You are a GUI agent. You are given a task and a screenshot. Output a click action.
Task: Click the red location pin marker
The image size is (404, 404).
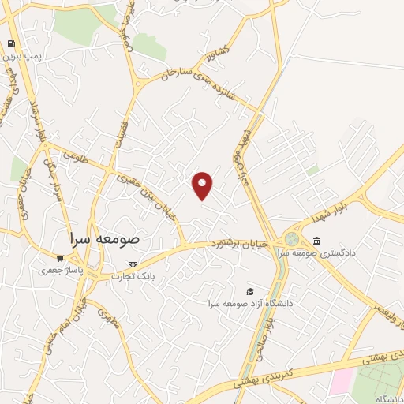pyautogui.click(x=203, y=185)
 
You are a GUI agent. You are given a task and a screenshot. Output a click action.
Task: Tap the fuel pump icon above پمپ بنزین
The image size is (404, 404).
pyautogui.click(x=12, y=43)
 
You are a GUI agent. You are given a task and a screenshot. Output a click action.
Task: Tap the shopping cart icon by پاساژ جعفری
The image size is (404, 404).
pyautogui.click(x=60, y=257)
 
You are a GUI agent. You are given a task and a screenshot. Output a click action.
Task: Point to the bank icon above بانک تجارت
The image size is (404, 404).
pyautogui.click(x=133, y=264)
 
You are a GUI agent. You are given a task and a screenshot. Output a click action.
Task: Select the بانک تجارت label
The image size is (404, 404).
pyautogui.click(x=129, y=277)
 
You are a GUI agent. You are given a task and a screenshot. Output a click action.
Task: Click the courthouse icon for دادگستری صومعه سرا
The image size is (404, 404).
pyautogui.click(x=316, y=240)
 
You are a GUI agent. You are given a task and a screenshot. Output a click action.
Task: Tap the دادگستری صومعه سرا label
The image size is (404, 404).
pyautogui.click(x=353, y=252)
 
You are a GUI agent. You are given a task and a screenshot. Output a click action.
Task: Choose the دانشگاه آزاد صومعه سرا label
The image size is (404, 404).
pyautogui.click(x=250, y=303)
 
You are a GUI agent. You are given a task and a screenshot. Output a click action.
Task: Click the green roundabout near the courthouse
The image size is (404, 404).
pyautogui.click(x=293, y=238)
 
